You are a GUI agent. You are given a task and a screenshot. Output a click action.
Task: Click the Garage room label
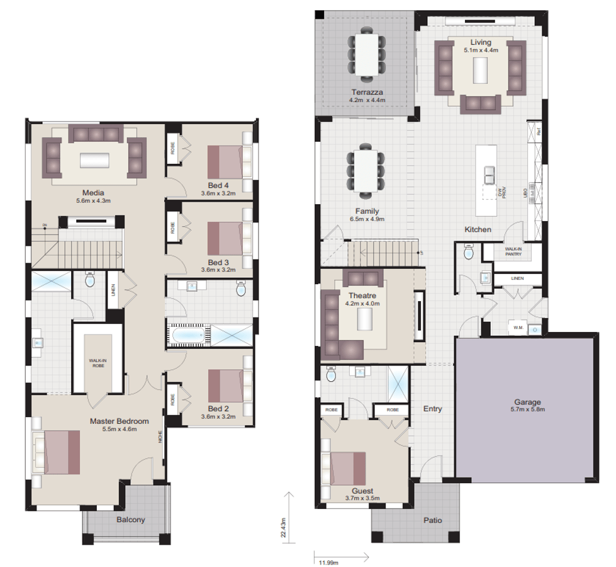click(527, 401)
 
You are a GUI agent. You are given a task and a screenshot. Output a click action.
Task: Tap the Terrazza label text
click(368, 92)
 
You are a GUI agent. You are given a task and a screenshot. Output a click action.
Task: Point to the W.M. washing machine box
click(518, 327)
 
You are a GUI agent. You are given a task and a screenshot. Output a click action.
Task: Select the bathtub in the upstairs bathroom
click(188, 334)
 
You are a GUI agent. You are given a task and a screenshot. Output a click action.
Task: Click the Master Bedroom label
click(119, 421)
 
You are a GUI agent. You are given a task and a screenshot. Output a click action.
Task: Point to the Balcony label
click(130, 520)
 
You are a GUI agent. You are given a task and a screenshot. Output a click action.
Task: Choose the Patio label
click(432, 520)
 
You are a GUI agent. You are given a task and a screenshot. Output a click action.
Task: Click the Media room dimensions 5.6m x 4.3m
click(92, 201)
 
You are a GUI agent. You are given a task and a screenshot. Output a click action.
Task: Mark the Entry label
click(432, 409)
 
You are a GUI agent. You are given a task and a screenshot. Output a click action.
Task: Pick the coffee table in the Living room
click(480, 70)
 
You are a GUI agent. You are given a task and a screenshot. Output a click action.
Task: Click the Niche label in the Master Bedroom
click(161, 436)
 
